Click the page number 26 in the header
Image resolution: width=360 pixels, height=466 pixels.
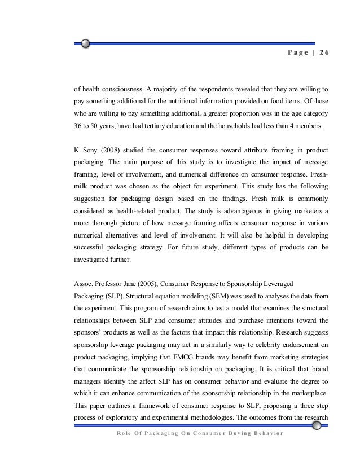point(323,53)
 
